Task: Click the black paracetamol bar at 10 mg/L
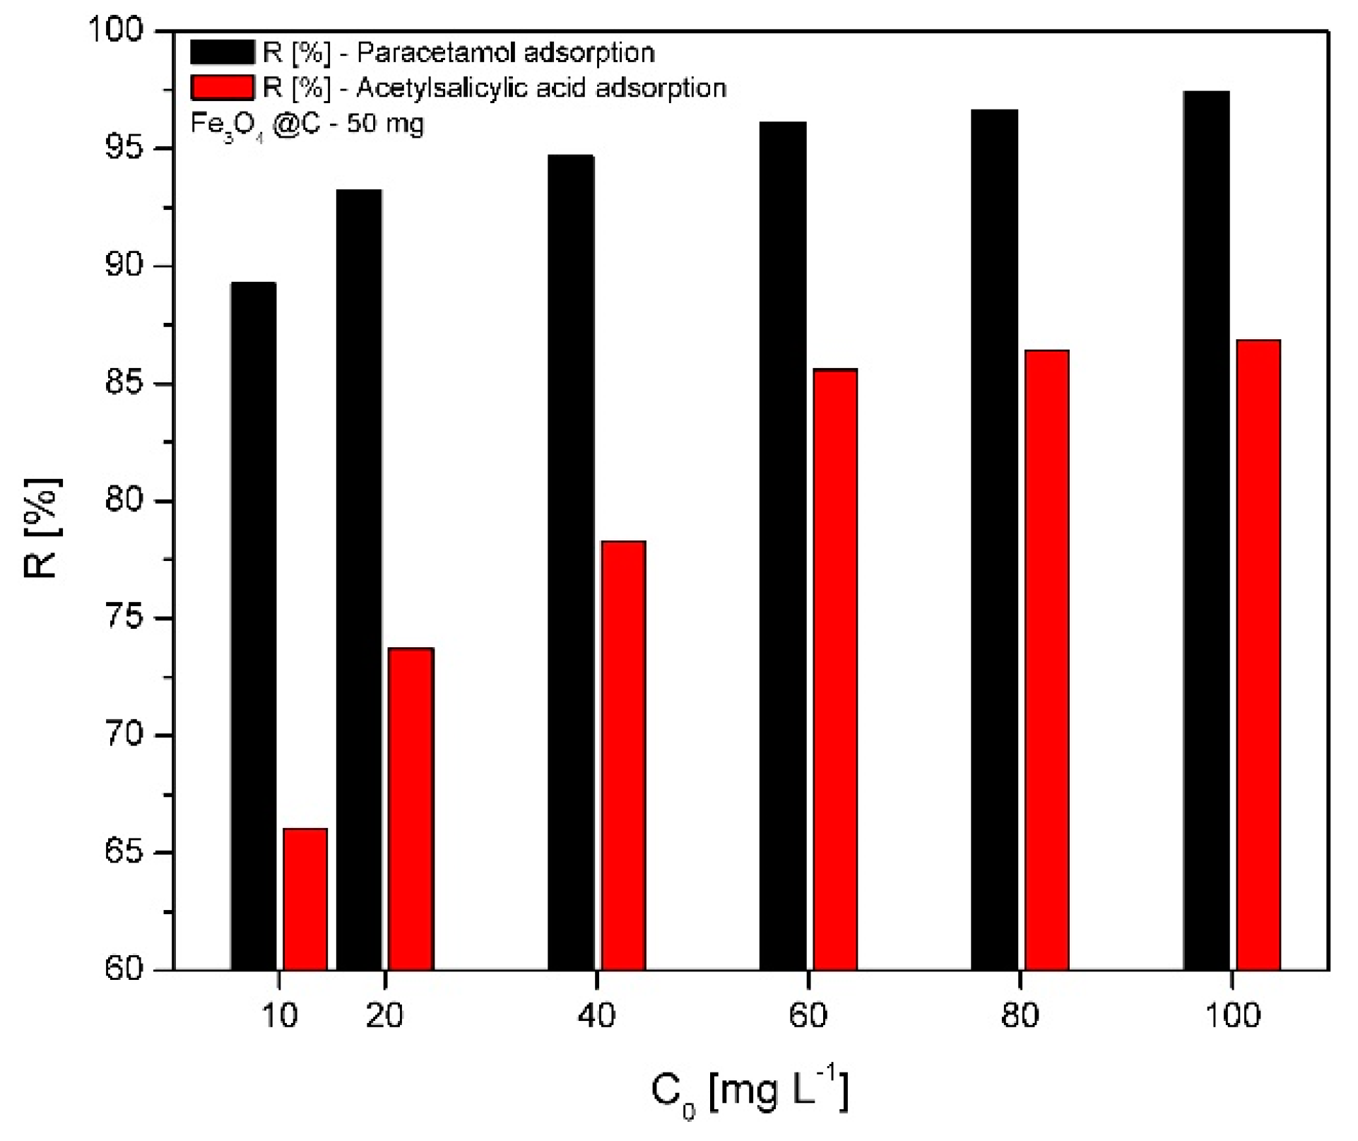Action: coord(254,626)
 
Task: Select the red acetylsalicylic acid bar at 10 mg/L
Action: coord(305,899)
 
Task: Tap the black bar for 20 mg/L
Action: coord(359,579)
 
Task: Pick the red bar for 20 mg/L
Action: coord(411,809)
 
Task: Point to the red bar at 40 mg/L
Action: coord(623,755)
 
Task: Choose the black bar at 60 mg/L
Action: coord(783,545)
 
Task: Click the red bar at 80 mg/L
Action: coord(1047,660)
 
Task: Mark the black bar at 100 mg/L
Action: coord(1206,530)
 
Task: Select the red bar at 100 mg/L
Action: coord(1258,655)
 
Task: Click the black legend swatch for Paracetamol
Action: coord(222,52)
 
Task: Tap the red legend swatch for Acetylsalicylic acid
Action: coord(222,88)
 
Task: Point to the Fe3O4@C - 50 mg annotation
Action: coord(307,125)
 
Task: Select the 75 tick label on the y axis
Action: coord(124,618)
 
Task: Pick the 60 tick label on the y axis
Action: coord(124,969)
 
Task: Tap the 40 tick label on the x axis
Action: coord(597,1016)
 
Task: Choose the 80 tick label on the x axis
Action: coord(1020,1016)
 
